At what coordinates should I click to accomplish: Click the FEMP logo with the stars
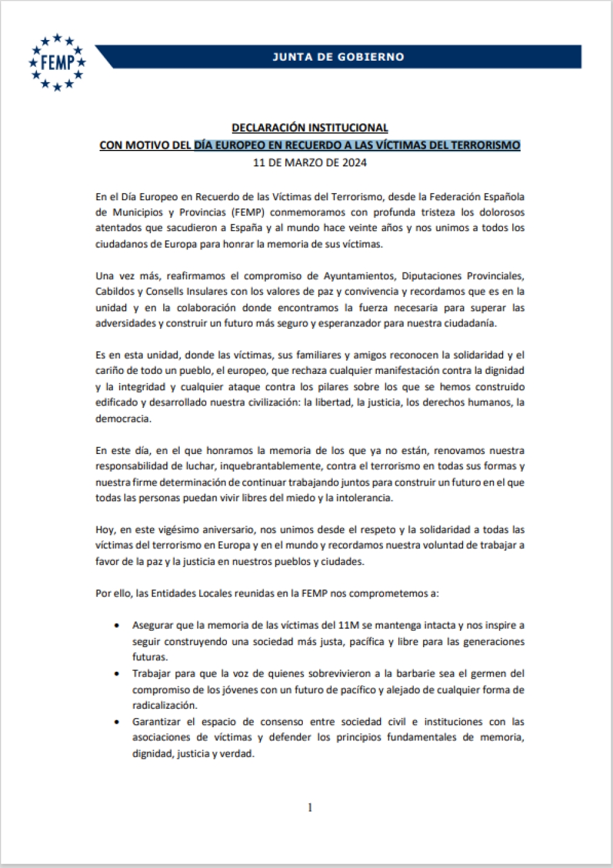point(57,62)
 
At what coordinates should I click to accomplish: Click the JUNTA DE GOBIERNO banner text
point(338,57)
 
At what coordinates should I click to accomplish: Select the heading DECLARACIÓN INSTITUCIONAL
point(310,127)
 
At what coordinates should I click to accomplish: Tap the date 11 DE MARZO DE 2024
point(310,163)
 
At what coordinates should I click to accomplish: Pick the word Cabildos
point(115,292)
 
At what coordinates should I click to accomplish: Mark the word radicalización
point(164,705)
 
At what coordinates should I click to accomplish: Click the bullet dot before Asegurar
point(117,625)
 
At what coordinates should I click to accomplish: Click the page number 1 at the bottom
point(310,807)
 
